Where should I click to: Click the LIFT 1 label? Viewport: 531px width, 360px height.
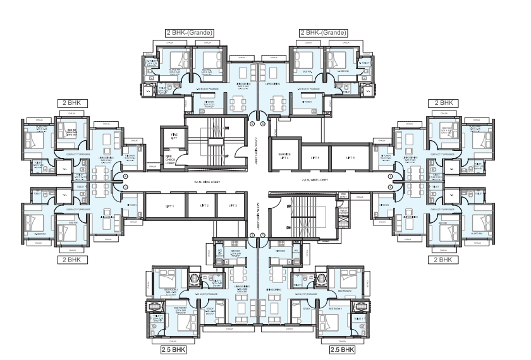click(x=170, y=206)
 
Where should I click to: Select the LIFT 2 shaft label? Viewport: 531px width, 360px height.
click(x=204, y=206)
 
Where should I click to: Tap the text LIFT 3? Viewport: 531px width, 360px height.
click(x=233, y=206)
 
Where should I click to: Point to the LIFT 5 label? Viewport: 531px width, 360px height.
click(x=314, y=158)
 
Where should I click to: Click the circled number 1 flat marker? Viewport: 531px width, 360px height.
click(x=252, y=115)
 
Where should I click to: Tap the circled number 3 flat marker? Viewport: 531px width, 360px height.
click(x=125, y=176)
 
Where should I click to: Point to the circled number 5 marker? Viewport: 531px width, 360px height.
click(x=252, y=236)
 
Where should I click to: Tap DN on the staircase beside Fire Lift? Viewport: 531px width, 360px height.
click(x=226, y=128)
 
